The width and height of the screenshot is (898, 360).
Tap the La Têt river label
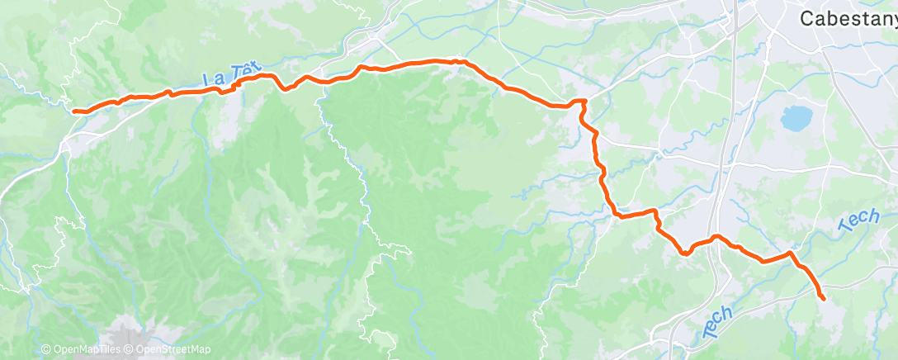228,77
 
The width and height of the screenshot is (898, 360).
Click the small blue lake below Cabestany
796,119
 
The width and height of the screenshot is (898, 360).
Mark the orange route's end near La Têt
75,111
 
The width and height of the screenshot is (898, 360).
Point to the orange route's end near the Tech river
823,297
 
